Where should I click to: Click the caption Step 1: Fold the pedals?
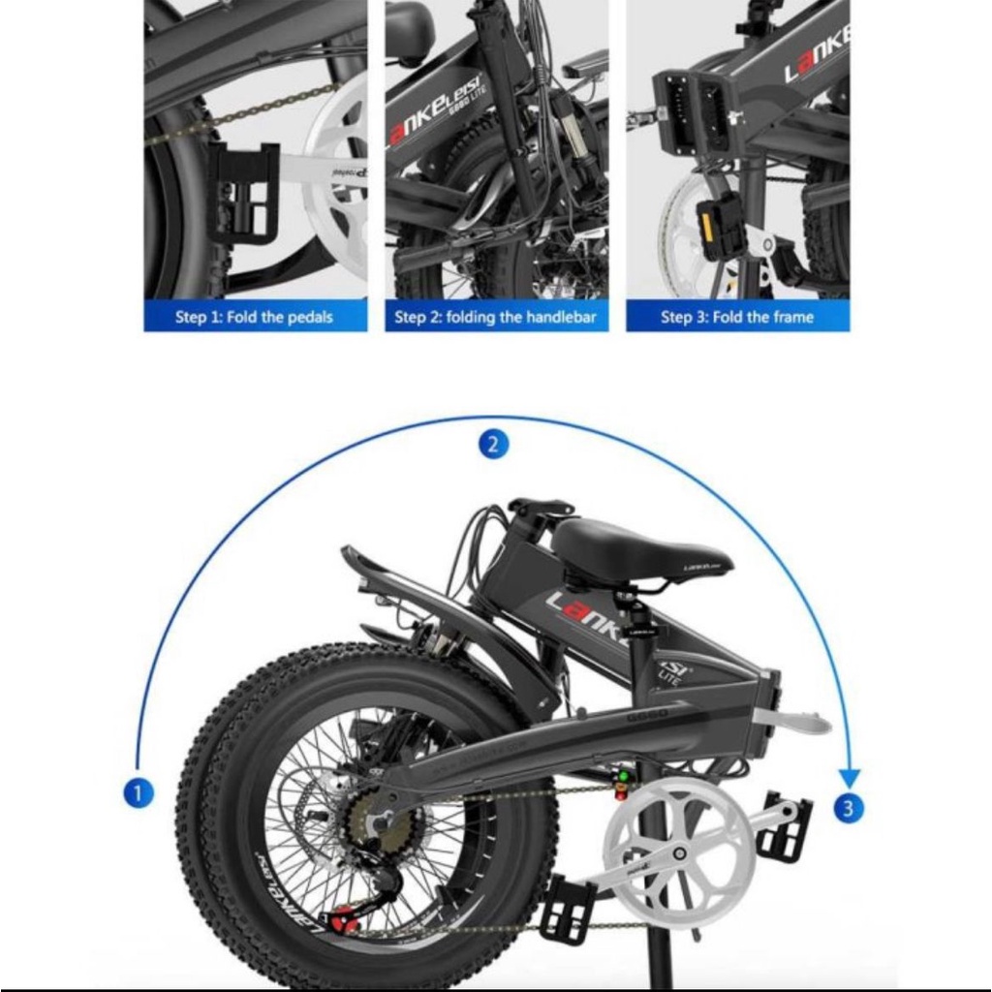coord(255,317)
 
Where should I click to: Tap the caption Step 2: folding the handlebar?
coord(496,317)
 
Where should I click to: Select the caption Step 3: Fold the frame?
coord(737,317)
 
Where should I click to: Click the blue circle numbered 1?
coord(139,793)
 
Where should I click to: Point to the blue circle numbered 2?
coord(493,445)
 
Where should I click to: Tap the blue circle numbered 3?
coord(849,807)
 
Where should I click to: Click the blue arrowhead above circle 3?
coord(849,777)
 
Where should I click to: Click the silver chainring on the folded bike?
coord(677,839)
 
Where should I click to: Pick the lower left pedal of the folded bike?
coord(568,909)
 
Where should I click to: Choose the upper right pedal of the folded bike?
coord(785,826)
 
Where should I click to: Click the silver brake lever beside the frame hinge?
coord(792,721)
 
